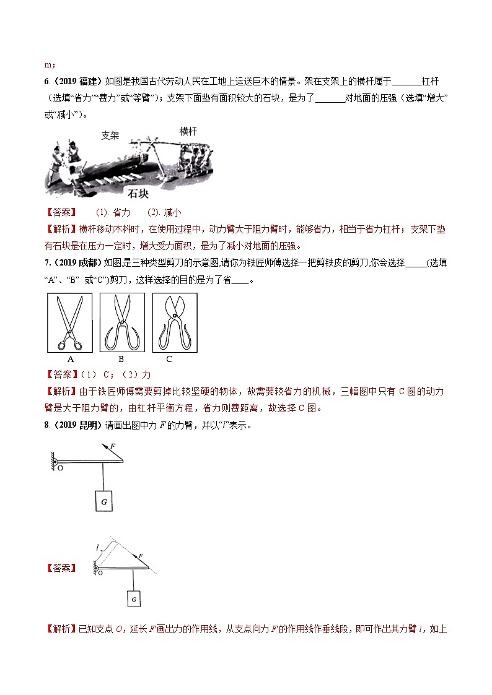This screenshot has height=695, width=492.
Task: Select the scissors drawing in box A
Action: [x=69, y=322]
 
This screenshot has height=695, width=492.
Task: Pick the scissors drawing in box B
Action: [x=122, y=322]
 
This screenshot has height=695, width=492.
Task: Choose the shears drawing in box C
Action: [x=175, y=322]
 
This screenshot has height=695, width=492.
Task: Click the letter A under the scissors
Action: [x=70, y=359]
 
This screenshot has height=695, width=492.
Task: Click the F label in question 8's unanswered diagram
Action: [x=112, y=446]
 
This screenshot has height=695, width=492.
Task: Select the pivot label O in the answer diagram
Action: [x=99, y=573]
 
